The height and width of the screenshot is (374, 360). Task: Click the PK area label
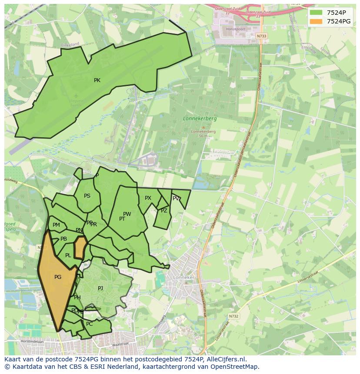(97, 80)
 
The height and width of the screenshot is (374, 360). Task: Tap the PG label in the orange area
(58, 277)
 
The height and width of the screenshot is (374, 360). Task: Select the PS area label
(87, 196)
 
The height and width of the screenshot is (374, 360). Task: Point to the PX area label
(148, 198)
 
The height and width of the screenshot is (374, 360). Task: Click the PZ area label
(164, 211)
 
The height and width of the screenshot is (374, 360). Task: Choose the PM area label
(56, 225)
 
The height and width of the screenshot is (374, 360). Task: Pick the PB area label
(63, 239)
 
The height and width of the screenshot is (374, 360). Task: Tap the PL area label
(68, 255)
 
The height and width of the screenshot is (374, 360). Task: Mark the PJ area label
(100, 288)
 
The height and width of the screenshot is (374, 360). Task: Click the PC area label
(89, 324)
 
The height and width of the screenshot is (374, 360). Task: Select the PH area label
(77, 298)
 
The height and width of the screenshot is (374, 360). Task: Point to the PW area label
(127, 214)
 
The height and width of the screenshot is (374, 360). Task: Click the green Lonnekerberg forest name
(200, 118)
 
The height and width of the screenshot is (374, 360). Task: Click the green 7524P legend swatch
(316, 13)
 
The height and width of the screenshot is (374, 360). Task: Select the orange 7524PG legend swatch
(316, 21)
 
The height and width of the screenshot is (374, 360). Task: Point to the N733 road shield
(261, 36)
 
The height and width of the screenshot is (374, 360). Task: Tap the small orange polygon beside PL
(80, 248)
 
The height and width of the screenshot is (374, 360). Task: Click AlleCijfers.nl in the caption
(225, 359)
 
